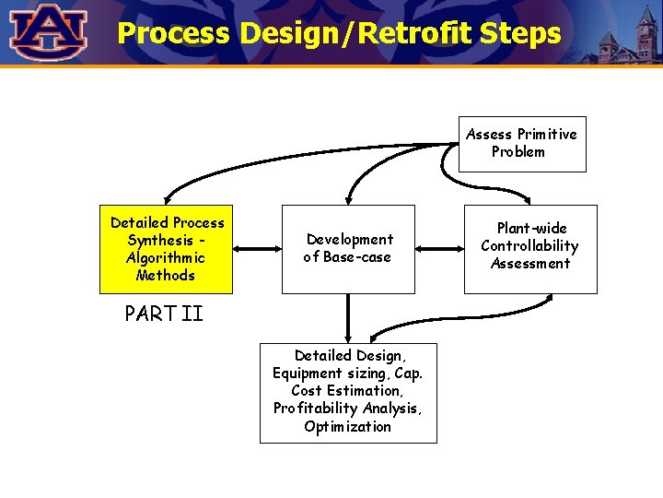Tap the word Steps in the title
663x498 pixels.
coord(524,33)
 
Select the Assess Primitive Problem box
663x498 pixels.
coord(522,144)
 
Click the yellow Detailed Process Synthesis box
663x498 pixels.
coord(167,249)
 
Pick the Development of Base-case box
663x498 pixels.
coord(348,249)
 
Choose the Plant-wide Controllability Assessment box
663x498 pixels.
coord(530,249)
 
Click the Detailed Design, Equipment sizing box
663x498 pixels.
coord(348,392)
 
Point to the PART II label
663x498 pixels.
coord(164,314)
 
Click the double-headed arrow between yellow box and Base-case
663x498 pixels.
coord(257,248)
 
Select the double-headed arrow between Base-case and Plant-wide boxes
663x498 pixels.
coord(439,248)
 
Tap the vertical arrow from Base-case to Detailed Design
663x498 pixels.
coord(348,318)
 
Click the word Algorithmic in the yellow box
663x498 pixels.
coord(166,258)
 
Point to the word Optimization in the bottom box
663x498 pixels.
coord(348,427)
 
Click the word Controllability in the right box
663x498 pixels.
coord(529,246)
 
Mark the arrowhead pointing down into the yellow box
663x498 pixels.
coord(167,198)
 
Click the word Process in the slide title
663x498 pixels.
coord(173,33)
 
